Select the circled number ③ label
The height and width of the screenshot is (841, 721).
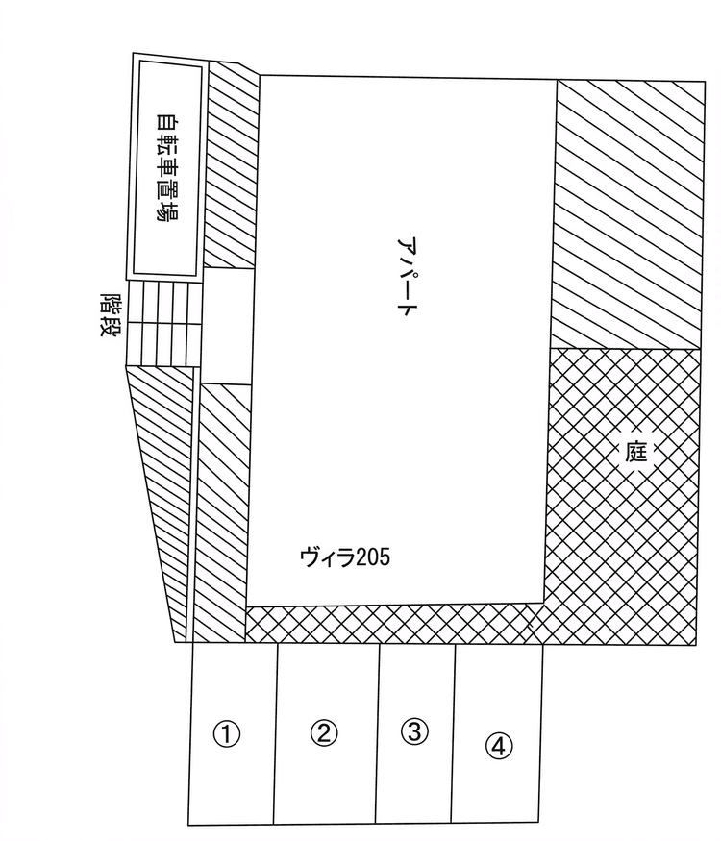(x=413, y=731)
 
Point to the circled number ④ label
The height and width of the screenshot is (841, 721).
(x=498, y=745)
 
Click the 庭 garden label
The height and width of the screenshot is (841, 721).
(x=636, y=453)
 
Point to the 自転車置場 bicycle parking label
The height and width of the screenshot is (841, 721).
(x=167, y=167)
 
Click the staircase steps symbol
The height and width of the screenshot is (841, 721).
(x=163, y=322)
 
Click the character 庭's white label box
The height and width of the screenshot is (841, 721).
(x=636, y=453)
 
